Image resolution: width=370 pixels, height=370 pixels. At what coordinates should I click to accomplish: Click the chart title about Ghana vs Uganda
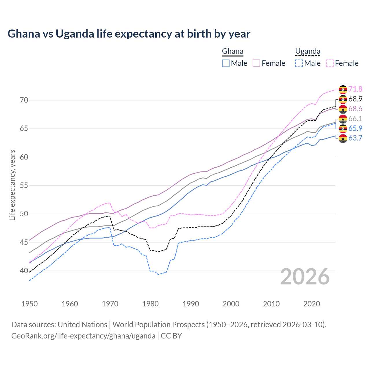pos(129,34)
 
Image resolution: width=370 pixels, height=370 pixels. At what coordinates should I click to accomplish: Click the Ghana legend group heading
pos(232,51)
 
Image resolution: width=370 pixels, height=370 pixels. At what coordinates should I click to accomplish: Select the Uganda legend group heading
pos(308,51)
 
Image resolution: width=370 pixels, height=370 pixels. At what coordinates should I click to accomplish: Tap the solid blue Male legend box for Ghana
pos(226,63)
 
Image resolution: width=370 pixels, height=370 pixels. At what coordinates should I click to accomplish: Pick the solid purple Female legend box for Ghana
pos(256,63)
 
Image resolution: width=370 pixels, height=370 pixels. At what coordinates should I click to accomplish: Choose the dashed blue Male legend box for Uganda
pos(299,63)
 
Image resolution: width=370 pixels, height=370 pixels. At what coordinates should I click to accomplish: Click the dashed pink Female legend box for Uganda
pos(330,63)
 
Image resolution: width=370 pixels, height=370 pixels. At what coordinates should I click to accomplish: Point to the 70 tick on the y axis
pos(24,100)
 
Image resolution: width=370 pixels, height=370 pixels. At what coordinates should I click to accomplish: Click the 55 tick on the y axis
pos(24,185)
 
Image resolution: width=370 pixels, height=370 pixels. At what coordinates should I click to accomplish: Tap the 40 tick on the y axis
pos(24,271)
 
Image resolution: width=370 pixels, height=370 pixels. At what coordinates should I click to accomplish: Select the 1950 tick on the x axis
pos(29,304)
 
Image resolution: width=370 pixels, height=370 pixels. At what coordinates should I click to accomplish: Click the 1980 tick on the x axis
pos(150,304)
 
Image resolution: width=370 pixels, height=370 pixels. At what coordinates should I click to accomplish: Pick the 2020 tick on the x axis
pos(312,304)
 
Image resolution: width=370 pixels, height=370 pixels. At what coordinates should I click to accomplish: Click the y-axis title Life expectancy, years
pos(12,185)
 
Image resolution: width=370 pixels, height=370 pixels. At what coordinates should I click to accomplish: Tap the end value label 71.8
pos(355,89)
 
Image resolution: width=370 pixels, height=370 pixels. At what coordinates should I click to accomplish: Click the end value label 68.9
pos(355,99)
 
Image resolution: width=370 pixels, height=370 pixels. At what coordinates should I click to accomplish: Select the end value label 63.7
pos(355,138)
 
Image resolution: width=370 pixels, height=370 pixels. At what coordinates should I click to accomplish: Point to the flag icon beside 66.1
pos(343,119)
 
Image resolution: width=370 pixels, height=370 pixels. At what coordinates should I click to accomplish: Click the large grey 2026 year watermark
pos(305,277)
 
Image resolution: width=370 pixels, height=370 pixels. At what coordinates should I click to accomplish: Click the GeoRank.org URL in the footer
pos(83,336)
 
